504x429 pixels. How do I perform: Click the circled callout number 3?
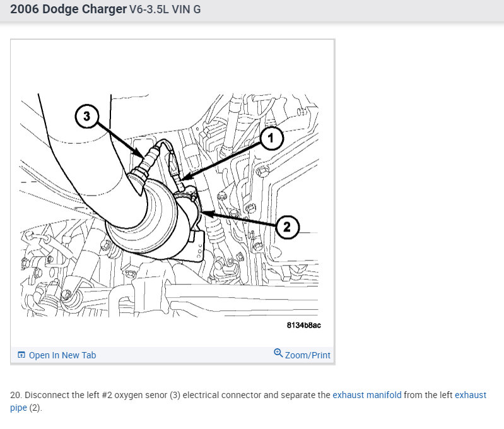pos(86,116)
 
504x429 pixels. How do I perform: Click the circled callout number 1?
pos(272,138)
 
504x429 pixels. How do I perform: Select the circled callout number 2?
pos(287,227)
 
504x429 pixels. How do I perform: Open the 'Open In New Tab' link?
pos(62,355)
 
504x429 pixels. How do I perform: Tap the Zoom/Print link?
pos(307,355)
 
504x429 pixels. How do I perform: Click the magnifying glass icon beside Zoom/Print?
pos(278,353)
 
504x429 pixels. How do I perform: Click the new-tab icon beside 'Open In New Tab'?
pos(21,355)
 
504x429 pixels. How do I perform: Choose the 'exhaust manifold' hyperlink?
pos(366,395)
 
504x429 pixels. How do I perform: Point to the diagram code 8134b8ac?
pos(304,325)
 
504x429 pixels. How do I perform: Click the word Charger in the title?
pos(104,9)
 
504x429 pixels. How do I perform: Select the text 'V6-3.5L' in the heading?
pos(149,9)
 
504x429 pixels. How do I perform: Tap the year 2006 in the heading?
pos(25,9)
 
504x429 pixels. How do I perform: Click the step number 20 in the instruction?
pos(15,395)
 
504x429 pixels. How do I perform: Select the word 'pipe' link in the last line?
pos(18,408)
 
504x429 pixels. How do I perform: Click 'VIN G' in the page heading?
pos(186,9)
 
